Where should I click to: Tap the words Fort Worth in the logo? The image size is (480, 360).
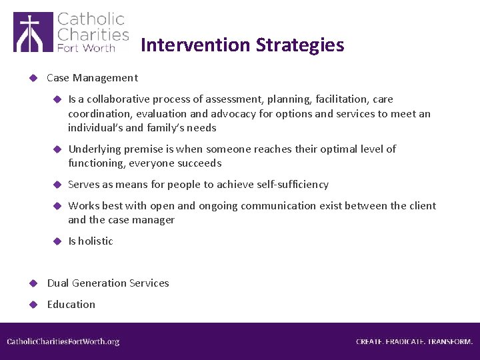86,47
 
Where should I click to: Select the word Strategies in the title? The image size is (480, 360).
301,45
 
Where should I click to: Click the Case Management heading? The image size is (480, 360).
92,78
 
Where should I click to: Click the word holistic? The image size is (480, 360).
95,241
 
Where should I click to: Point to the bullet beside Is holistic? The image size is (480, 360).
57,241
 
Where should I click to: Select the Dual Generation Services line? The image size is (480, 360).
108,283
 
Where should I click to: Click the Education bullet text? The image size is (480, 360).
71,305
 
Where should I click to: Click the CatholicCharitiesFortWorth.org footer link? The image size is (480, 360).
63,341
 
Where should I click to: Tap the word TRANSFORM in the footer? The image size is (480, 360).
450,341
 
